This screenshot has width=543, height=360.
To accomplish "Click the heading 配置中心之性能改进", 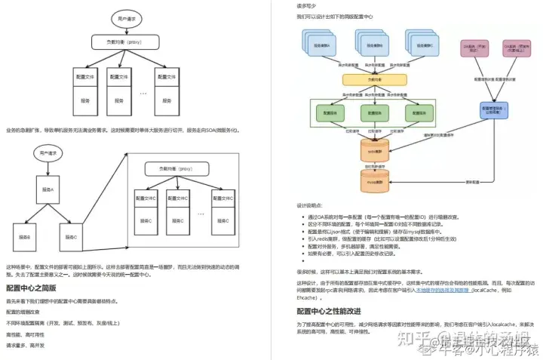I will click(x=329, y=310).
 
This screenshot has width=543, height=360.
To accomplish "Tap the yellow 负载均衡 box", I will click(x=369, y=78).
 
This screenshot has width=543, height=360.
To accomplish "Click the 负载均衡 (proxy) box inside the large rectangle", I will click(x=175, y=169).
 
